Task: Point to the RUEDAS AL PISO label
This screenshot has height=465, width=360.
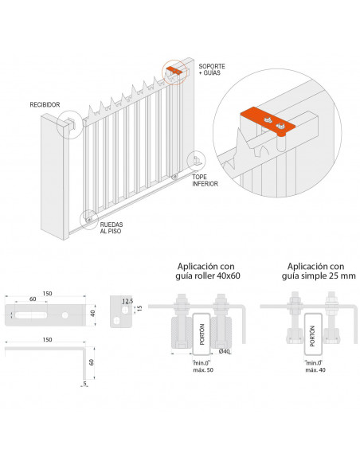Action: pyautogui.click(x=115, y=227)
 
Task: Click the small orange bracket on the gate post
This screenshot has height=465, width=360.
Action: pyautogui.click(x=174, y=71)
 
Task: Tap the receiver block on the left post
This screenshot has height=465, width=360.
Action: pyautogui.click(x=71, y=123)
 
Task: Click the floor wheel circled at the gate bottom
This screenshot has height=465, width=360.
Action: pyautogui.click(x=91, y=215)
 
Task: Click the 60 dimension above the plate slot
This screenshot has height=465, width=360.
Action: pyautogui.click(x=32, y=299)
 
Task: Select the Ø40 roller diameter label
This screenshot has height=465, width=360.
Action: pyautogui.click(x=225, y=352)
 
